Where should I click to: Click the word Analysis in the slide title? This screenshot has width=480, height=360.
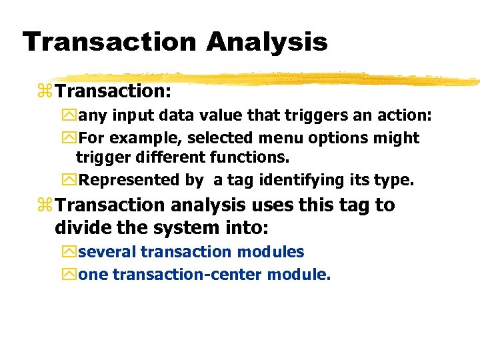click(x=267, y=41)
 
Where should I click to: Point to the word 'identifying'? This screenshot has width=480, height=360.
click(x=300, y=180)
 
